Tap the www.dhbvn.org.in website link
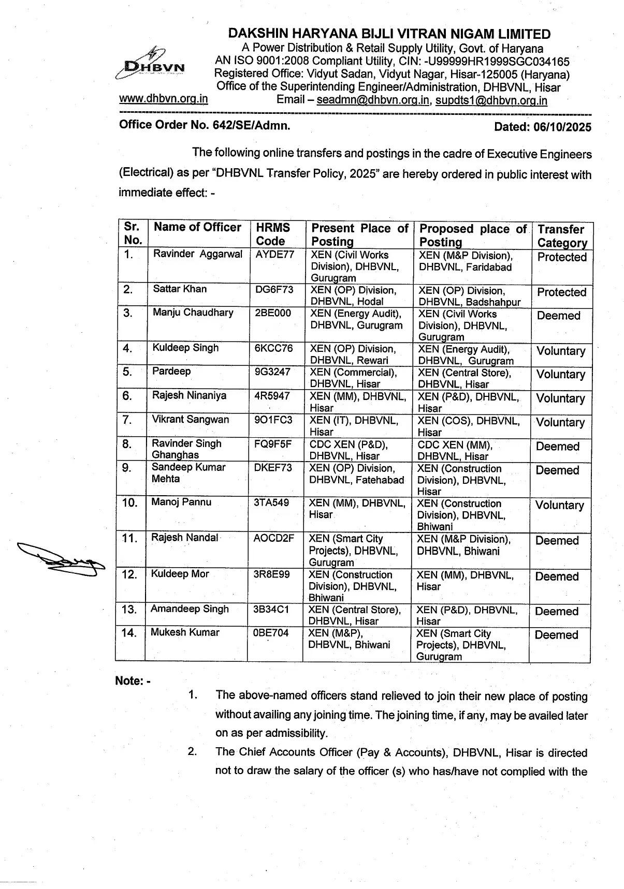pyautogui.click(x=164, y=99)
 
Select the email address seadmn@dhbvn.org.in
pyautogui.click(x=373, y=100)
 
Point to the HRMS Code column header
pyautogui.click(x=273, y=234)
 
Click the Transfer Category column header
pyautogui.click(x=561, y=235)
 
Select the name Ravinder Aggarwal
pyautogui.click(x=197, y=254)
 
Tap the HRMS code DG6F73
pyautogui.click(x=274, y=289)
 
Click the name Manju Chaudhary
pyautogui.click(x=193, y=313)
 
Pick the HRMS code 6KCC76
pyautogui.click(x=273, y=348)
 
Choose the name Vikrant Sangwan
pyautogui.click(x=190, y=420)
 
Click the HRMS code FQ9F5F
pyautogui.click(x=273, y=444)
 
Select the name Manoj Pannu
pyautogui.click(x=181, y=502)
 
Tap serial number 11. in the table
pyautogui.click(x=129, y=539)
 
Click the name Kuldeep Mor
pyautogui.click(x=180, y=574)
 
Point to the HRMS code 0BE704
pyautogui.click(x=271, y=633)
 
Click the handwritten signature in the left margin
pyautogui.click(x=60, y=555)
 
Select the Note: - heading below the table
pyautogui.click(x=133, y=681)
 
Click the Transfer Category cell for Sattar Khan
pyautogui.click(x=561, y=292)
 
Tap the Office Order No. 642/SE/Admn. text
pyautogui.click(x=205, y=125)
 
